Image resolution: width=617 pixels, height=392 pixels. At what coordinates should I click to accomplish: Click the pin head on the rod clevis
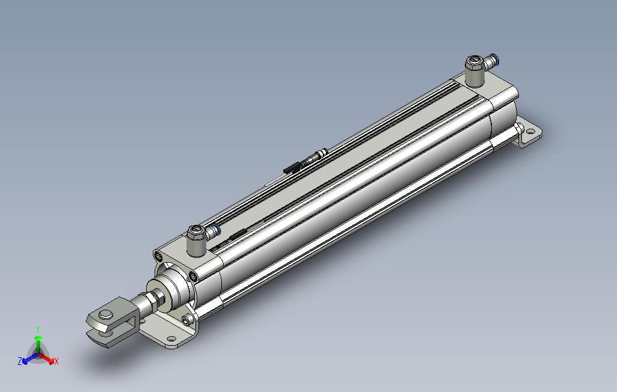pos(105,314)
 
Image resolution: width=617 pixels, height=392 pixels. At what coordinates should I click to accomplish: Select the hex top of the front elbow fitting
pos(195,231)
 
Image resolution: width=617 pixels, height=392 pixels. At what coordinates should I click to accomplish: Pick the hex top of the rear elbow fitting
pos(474,62)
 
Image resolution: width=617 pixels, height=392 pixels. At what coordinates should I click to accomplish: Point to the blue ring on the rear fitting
pos(496,59)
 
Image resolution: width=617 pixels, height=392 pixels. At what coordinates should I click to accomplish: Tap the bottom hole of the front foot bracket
pos(171,338)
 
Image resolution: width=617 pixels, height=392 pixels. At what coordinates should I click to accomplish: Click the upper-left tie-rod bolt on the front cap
pos(159,257)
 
